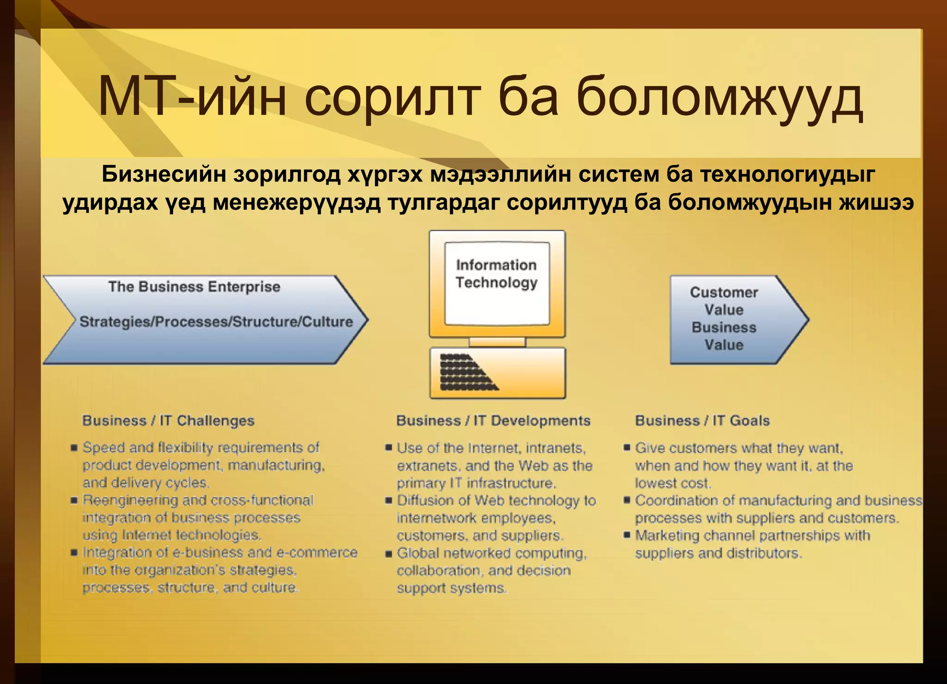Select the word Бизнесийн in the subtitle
[x=164, y=175]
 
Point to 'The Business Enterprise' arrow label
[x=194, y=287]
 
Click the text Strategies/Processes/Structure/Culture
[x=216, y=321]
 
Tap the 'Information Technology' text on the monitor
[x=496, y=274]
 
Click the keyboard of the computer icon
[x=497, y=373]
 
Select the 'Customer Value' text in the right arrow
[x=724, y=301]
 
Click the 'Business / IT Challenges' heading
[x=168, y=420]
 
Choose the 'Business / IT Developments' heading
[x=493, y=420]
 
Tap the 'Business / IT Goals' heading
[x=702, y=420]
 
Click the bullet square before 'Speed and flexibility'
[x=74, y=448]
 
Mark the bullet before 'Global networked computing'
[x=388, y=553]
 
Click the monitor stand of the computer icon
[x=497, y=342]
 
